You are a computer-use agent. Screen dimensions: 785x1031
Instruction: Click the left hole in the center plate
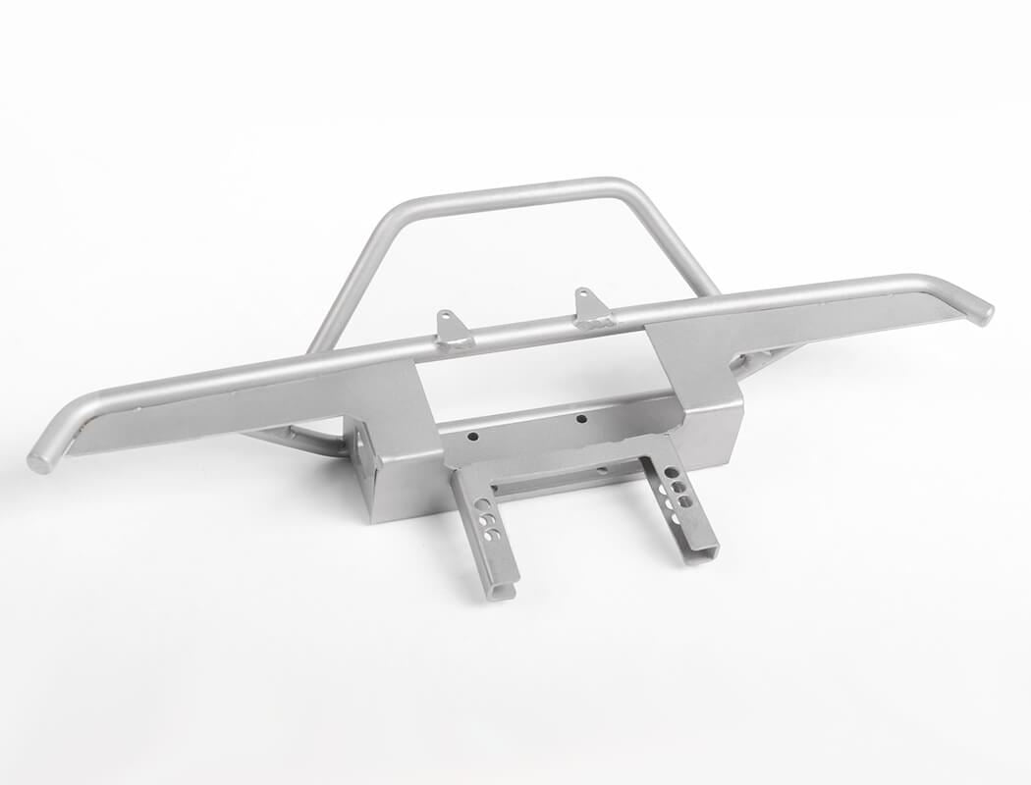472,436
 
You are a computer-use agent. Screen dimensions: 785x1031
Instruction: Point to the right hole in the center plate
581,419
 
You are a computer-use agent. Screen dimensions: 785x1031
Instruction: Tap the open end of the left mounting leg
502,591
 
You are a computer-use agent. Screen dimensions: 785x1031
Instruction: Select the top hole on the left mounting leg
481,501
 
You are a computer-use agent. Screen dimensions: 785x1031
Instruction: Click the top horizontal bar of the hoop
511,194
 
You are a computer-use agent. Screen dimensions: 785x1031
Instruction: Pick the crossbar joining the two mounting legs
570,478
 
